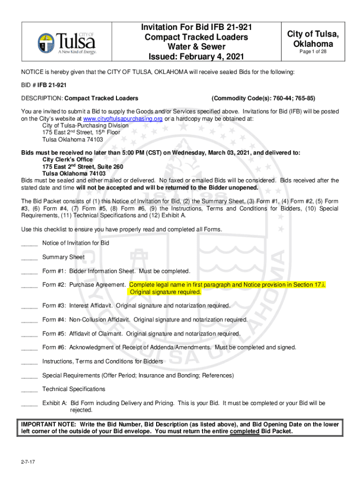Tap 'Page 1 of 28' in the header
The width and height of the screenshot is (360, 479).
pyautogui.click(x=313, y=52)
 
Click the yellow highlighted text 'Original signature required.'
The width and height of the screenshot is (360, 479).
pyautogui.click(x=166, y=292)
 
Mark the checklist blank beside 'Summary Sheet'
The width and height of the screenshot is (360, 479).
pyautogui.click(x=29, y=257)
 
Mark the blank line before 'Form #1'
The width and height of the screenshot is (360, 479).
pyautogui.click(x=29, y=271)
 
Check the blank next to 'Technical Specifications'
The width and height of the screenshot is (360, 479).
pyautogui.click(x=29, y=389)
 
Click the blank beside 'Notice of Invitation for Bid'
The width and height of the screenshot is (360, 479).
pyautogui.click(x=29, y=243)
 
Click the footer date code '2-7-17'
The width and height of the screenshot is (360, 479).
pyautogui.click(x=27, y=463)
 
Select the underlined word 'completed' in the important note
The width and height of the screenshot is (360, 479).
pyautogui.click(x=245, y=431)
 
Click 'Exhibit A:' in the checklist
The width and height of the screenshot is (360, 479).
pyautogui.click(x=55, y=403)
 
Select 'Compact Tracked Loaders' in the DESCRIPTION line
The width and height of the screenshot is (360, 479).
pyautogui.click(x=101, y=98)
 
